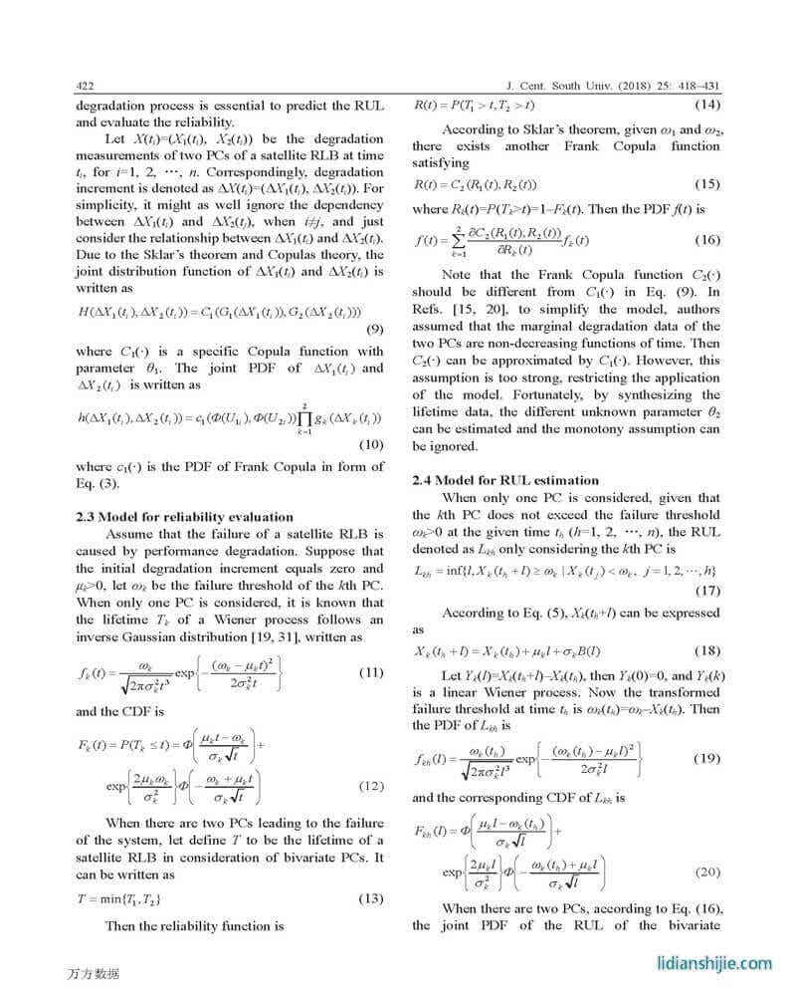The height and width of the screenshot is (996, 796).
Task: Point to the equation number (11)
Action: (371, 672)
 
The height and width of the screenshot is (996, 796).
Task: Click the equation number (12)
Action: (371, 787)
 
